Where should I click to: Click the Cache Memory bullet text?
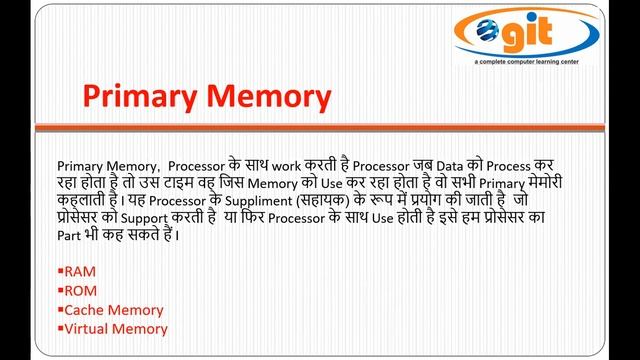coord(114,310)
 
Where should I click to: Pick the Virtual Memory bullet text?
coord(116,328)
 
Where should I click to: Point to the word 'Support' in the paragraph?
coord(146,218)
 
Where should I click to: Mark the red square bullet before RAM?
coord(61,272)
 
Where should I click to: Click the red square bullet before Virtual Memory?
coord(61,329)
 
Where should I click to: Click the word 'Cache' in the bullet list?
coord(86,310)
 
